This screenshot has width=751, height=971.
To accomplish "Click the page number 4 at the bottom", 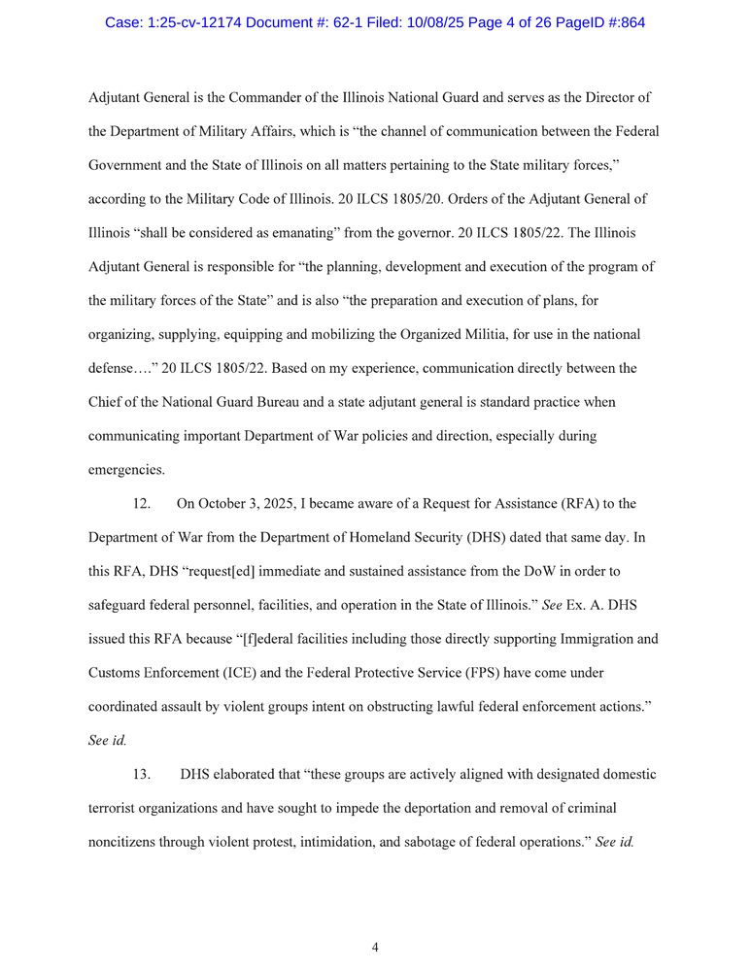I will (375, 948).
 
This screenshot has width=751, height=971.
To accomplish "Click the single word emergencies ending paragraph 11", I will (125, 469).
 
